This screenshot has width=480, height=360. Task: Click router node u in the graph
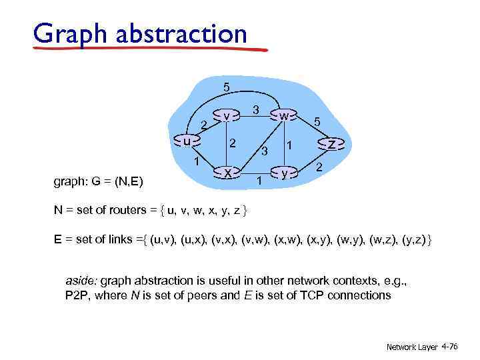188,141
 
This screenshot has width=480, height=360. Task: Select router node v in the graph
227,115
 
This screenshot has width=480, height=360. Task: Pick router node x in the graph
227,172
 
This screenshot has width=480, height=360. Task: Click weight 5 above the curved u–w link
227,87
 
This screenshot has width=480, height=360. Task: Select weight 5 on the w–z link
317,123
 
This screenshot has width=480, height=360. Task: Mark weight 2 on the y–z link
319,167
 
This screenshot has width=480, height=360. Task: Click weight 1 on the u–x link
197,161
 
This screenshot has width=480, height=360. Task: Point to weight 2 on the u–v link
204,123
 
